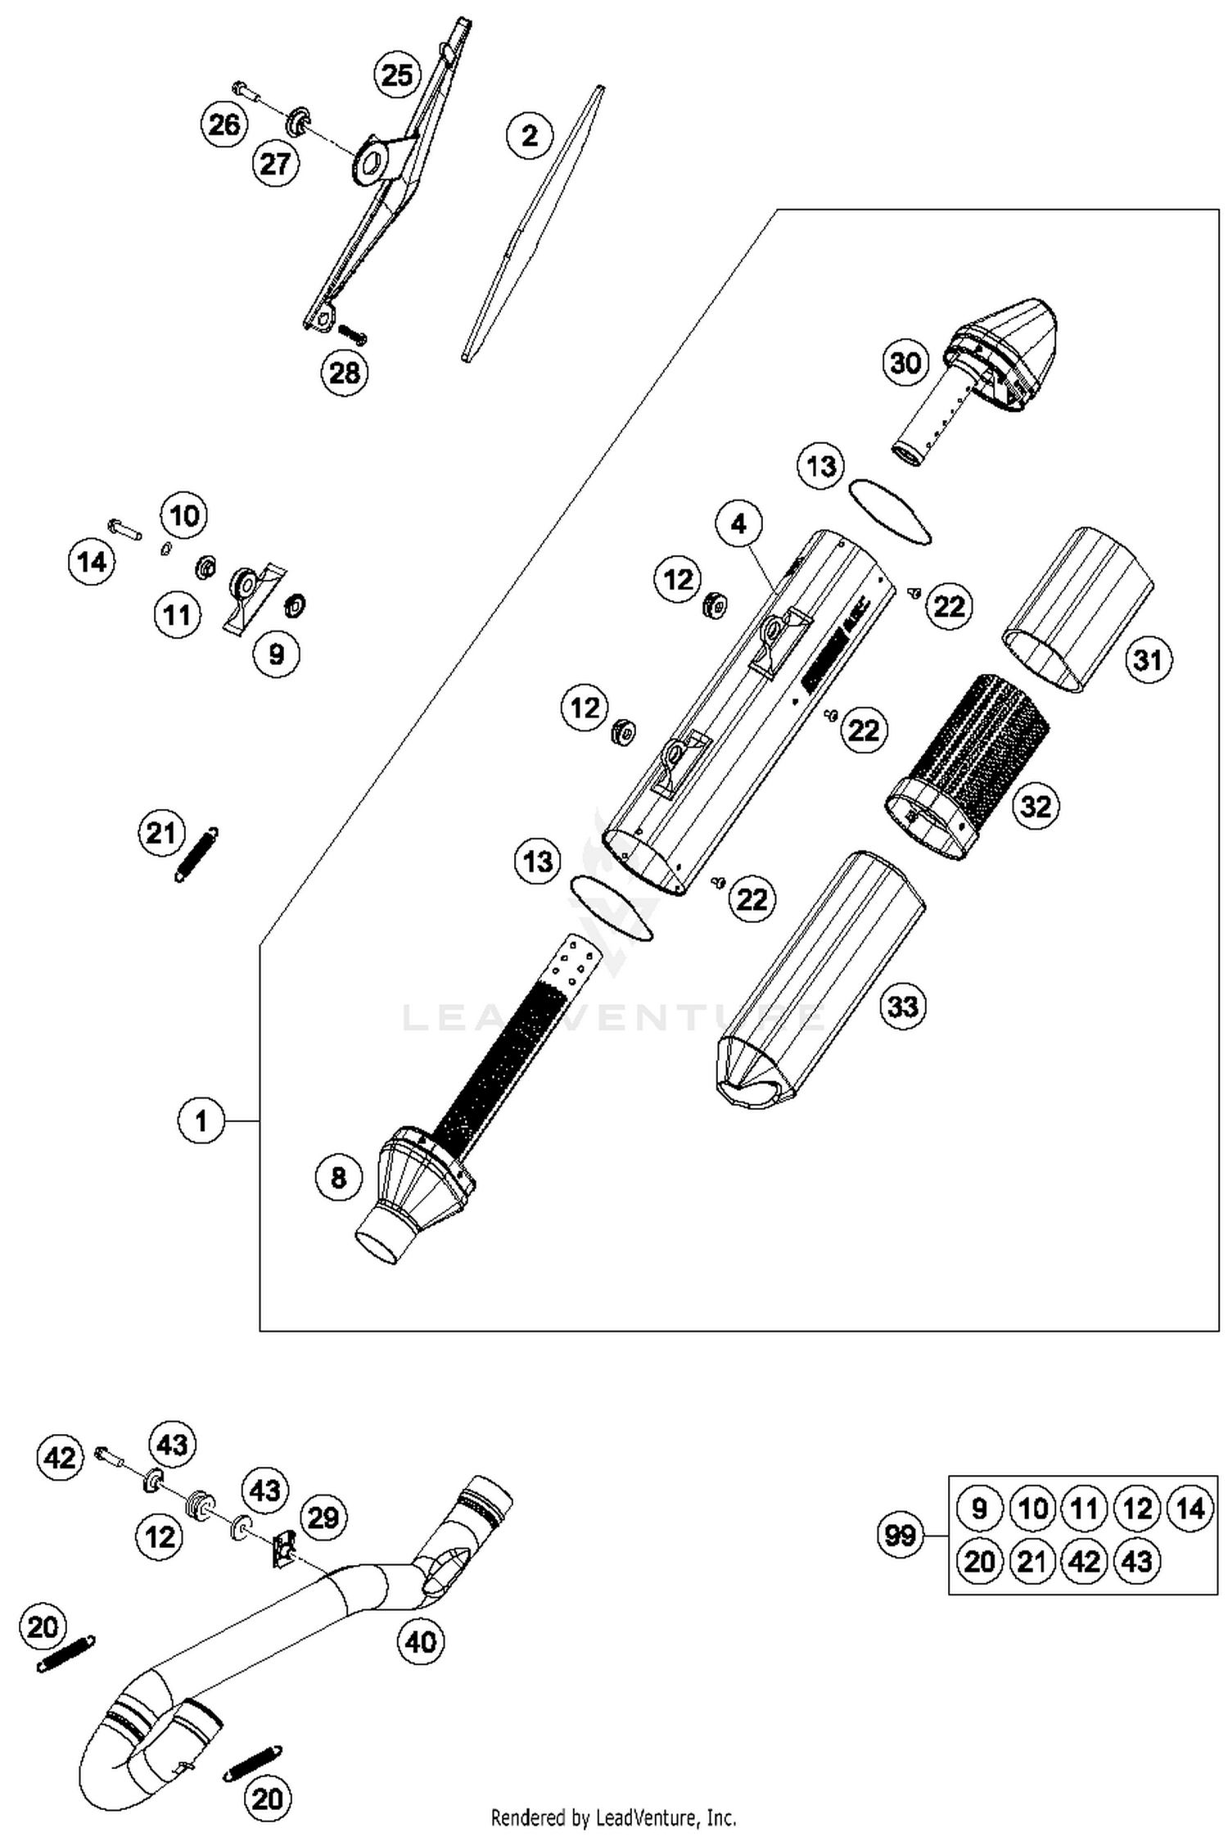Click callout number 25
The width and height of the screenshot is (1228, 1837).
point(397,75)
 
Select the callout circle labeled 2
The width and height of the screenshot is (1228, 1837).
point(530,135)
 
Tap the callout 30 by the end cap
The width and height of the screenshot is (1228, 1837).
point(905,362)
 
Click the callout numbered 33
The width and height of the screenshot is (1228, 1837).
point(902,1006)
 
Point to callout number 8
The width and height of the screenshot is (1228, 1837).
point(338,1178)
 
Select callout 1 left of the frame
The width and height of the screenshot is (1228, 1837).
point(201,1120)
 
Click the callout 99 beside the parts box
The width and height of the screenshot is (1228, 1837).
point(901,1534)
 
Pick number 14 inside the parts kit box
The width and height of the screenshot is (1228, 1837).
point(1189,1508)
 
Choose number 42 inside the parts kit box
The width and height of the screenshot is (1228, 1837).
point(1084,1562)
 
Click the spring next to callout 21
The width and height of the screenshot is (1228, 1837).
point(196,853)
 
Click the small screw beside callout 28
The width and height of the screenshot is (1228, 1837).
point(352,335)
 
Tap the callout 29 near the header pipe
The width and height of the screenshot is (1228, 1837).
point(323,1517)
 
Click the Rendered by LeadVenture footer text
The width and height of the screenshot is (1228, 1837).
point(613,1817)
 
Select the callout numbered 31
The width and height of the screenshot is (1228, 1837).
point(1147,659)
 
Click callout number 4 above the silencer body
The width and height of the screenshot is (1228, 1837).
point(738,523)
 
